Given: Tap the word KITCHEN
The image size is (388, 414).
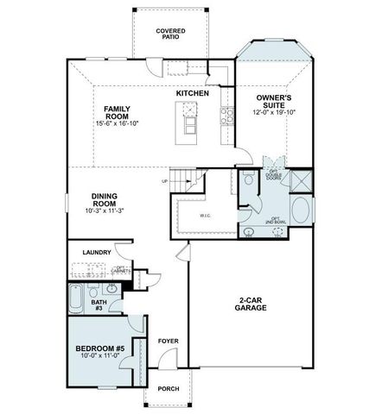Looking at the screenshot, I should point(193,92).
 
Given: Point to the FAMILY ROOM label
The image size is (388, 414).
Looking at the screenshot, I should point(118,112).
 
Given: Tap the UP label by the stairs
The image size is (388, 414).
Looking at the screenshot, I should point(164,181).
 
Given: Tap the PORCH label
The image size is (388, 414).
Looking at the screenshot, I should point(169,389).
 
